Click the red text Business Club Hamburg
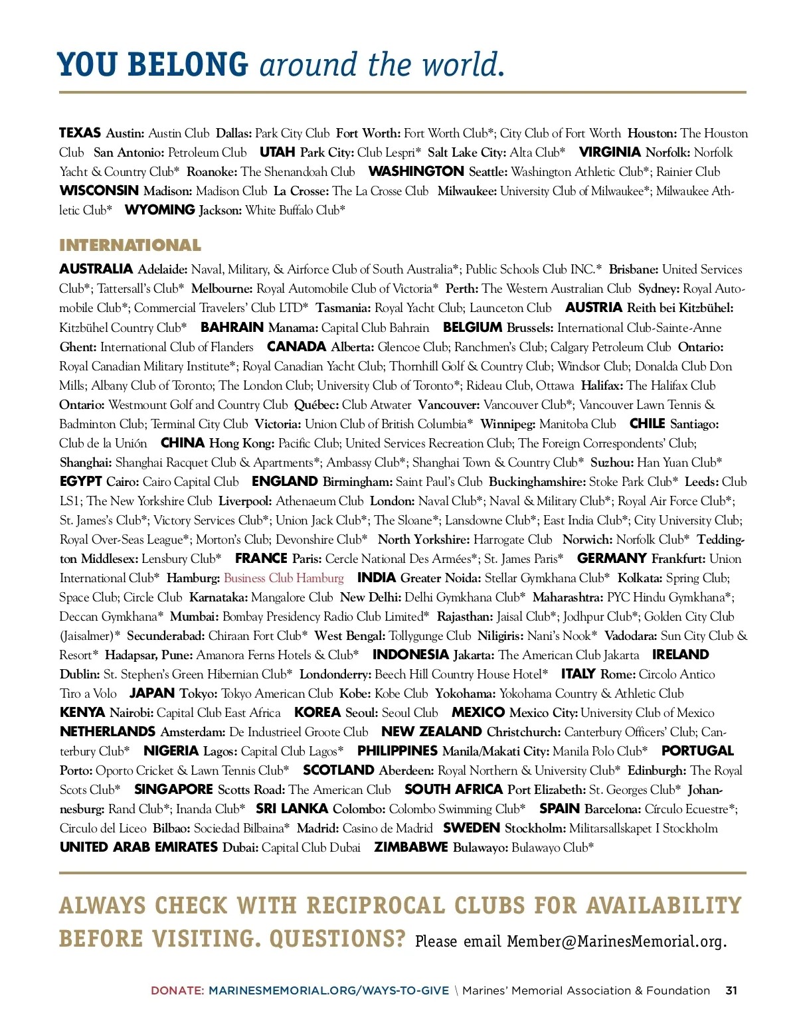pos(284,578)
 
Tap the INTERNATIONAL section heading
pos(130,246)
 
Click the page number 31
pos(731,990)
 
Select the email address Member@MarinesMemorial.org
pos(617,941)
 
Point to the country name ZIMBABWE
pos(411,848)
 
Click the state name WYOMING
pos(160,210)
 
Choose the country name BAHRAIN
pos(232,327)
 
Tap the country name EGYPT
pos(80,482)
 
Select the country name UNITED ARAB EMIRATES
pos(139,848)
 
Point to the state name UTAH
pos(277,153)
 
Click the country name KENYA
pos(82,713)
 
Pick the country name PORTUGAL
pos(697,751)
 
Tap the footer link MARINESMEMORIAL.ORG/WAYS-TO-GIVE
pos(329,990)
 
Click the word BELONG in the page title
pos(187,65)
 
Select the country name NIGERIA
pos(171,751)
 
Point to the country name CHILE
pos(648,424)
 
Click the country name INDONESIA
pos(410,655)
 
